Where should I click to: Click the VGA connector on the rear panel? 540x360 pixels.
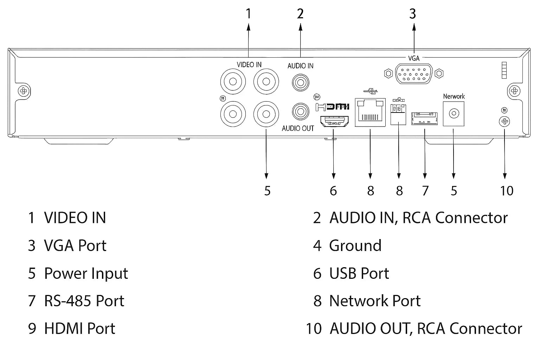[414, 73]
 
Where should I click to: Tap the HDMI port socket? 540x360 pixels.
[334, 122]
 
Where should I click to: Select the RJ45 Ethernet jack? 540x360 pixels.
[370, 112]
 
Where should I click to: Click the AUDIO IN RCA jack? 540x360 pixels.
[300, 83]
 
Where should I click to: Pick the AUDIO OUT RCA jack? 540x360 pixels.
[300, 112]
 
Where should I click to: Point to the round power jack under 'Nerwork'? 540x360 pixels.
[454, 113]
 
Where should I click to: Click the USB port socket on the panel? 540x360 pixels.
[425, 118]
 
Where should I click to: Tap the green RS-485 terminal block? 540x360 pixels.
[399, 113]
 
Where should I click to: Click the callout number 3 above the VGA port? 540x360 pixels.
[413, 14]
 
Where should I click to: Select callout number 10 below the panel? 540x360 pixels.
[507, 191]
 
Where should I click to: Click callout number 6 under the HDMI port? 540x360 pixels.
[333, 191]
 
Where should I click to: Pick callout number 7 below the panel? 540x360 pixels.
[425, 191]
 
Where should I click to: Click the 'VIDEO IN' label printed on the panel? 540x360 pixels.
[249, 65]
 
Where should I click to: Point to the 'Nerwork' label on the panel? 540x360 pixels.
[454, 96]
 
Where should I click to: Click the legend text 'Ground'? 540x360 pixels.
[355, 245]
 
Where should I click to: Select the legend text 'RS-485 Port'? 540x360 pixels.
[84, 301]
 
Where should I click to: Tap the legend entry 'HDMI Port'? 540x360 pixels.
[79, 328]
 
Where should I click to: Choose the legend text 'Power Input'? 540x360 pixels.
[86, 274]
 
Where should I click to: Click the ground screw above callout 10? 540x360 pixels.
[504, 122]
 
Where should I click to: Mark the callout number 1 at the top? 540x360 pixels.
[249, 14]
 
